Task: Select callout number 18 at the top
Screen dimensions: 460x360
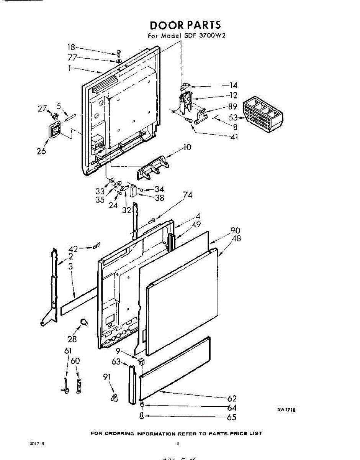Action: [x=71, y=47]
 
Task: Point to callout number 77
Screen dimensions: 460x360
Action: [x=72, y=58]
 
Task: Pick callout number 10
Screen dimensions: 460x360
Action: [x=187, y=147]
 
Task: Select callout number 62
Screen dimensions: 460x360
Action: [x=232, y=398]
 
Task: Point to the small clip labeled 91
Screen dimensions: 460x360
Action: [x=114, y=398]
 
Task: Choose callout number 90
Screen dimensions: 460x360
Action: [x=235, y=231]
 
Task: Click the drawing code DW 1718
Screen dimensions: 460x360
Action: [x=286, y=410]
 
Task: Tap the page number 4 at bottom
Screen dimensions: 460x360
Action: [x=178, y=444]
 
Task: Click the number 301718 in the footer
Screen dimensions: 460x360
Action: [x=36, y=444]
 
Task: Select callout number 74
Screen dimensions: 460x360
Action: [x=188, y=195]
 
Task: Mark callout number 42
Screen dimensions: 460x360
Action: [x=73, y=249]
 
